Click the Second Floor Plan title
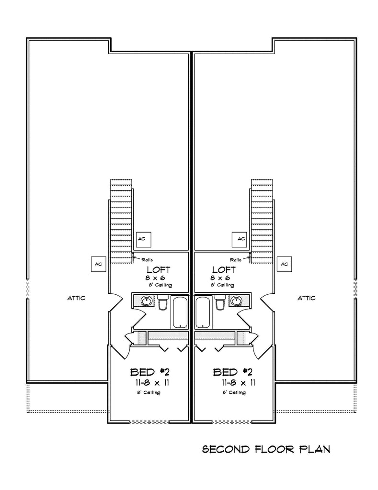coord(266,449)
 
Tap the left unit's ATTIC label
coord(76,298)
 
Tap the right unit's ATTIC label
coord(306,298)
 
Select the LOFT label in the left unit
coord(159,269)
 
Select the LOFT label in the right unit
coord(224,269)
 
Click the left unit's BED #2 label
coord(150,372)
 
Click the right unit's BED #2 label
coord(232,372)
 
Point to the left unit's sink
coord(146,301)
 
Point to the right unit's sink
coord(236,301)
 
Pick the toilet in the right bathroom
coord(220,302)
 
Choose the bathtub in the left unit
coord(180,312)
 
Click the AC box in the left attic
coord(99,264)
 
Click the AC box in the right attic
coord(284,264)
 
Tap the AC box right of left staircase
coord(144,239)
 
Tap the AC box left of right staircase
coord(240,239)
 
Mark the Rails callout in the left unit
coord(147,260)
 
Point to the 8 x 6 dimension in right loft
coord(220,278)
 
